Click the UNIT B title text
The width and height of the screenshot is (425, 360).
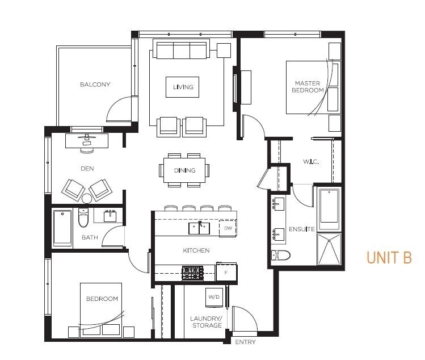pyautogui.click(x=389, y=257)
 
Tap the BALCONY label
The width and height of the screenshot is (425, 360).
pyautogui.click(x=95, y=85)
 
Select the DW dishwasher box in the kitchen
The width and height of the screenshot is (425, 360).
pyautogui.click(x=228, y=228)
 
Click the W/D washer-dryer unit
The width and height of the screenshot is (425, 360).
pyautogui.click(x=214, y=297)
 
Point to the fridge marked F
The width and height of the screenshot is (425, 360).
pyautogui.click(x=226, y=272)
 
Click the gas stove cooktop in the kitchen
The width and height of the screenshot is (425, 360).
pyautogui.click(x=193, y=273)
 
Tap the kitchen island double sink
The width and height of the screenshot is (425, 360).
pyautogui.click(x=199, y=228)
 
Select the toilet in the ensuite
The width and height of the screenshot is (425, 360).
pyautogui.click(x=280, y=256)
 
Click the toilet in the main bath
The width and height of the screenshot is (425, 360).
pyautogui.click(x=83, y=217)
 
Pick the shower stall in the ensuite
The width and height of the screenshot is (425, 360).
pyautogui.click(x=329, y=249)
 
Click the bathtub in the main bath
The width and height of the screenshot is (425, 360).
pyautogui.click(x=62, y=228)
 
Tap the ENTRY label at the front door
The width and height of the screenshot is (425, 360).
pyautogui.click(x=245, y=342)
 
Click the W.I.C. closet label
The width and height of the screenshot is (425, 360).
pyautogui.click(x=311, y=162)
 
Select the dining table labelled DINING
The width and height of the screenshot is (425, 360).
pyautogui.click(x=184, y=170)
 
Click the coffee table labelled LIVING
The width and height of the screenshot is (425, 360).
pyautogui.click(x=182, y=87)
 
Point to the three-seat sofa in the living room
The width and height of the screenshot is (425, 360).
pyautogui.click(x=182, y=49)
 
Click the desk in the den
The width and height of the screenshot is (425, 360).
pyautogui.click(x=87, y=140)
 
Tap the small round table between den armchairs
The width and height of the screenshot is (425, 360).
pyautogui.click(x=87, y=199)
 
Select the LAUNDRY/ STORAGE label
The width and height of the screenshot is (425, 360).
pyautogui.click(x=206, y=322)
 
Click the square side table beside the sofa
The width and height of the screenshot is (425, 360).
pyautogui.click(x=224, y=51)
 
